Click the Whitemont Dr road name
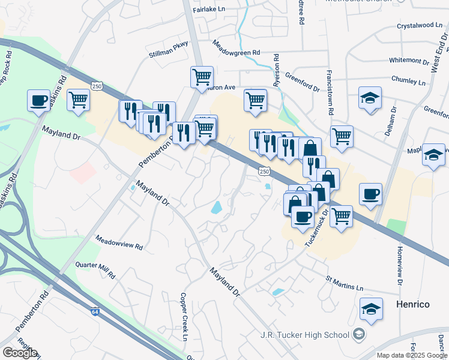pos(410,60)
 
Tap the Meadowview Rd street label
pos(118,241)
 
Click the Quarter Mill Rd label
pos(95,270)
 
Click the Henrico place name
pos(413,304)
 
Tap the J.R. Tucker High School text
pos(304,334)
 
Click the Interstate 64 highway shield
pos(95,312)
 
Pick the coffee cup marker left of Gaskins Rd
pos(39,100)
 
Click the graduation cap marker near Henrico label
pos(372,308)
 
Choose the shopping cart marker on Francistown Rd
pos(342,136)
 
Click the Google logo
pos(20,353)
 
